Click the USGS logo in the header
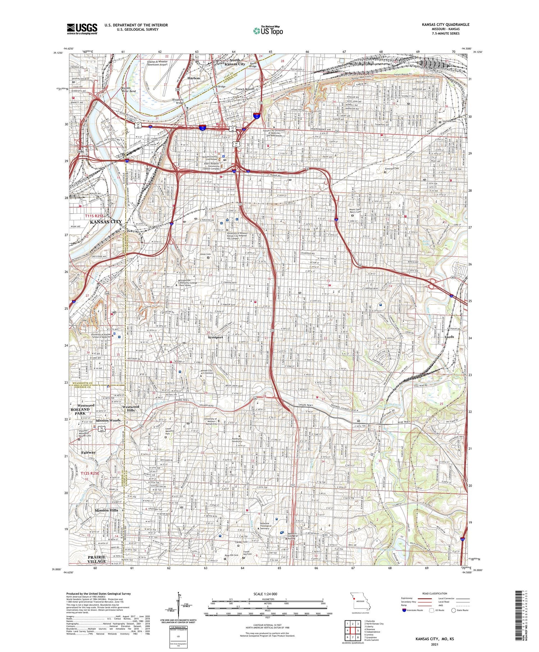(x=82, y=29)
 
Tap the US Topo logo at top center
(x=268, y=31)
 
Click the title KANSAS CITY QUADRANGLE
(x=446, y=24)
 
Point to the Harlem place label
(x=193, y=78)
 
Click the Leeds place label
(x=449, y=337)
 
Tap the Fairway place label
(x=88, y=452)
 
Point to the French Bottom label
(x=245, y=89)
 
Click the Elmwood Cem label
(x=392, y=168)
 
